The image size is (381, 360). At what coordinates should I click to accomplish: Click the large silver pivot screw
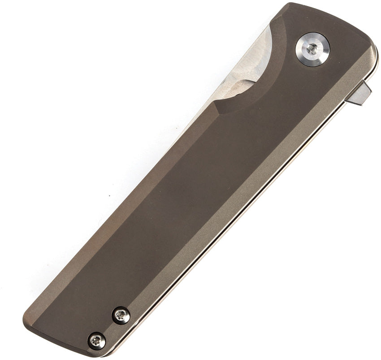coord(312,49)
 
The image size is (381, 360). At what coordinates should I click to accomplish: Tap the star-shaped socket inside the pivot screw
coord(312,49)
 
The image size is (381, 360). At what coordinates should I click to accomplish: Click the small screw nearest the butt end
coord(97,341)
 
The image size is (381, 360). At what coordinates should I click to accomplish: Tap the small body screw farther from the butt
coord(121,316)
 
